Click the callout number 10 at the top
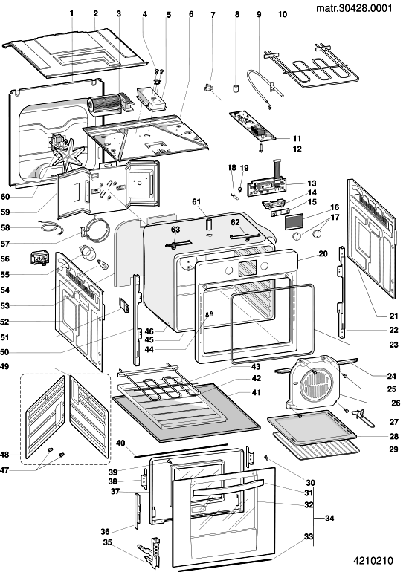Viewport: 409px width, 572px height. pos(283,14)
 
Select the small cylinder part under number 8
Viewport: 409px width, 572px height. pos(236,88)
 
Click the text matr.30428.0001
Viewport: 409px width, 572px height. pos(354,7)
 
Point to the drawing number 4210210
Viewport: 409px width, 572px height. pos(373,561)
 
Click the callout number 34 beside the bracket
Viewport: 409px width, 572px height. pos(329,518)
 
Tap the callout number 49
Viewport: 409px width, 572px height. pos(4,366)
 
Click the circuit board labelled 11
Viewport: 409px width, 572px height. pos(253,126)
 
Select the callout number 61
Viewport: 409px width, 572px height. pos(196,201)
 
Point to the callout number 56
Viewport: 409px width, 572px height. pos(4,259)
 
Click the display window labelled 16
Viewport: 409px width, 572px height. pos(294,222)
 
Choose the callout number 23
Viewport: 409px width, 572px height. pos(393,344)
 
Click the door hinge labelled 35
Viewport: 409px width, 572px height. pos(149,550)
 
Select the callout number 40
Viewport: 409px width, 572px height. pos(120,443)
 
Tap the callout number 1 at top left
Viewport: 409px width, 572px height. pos(71,13)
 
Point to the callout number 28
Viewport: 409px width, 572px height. pos(393,436)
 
